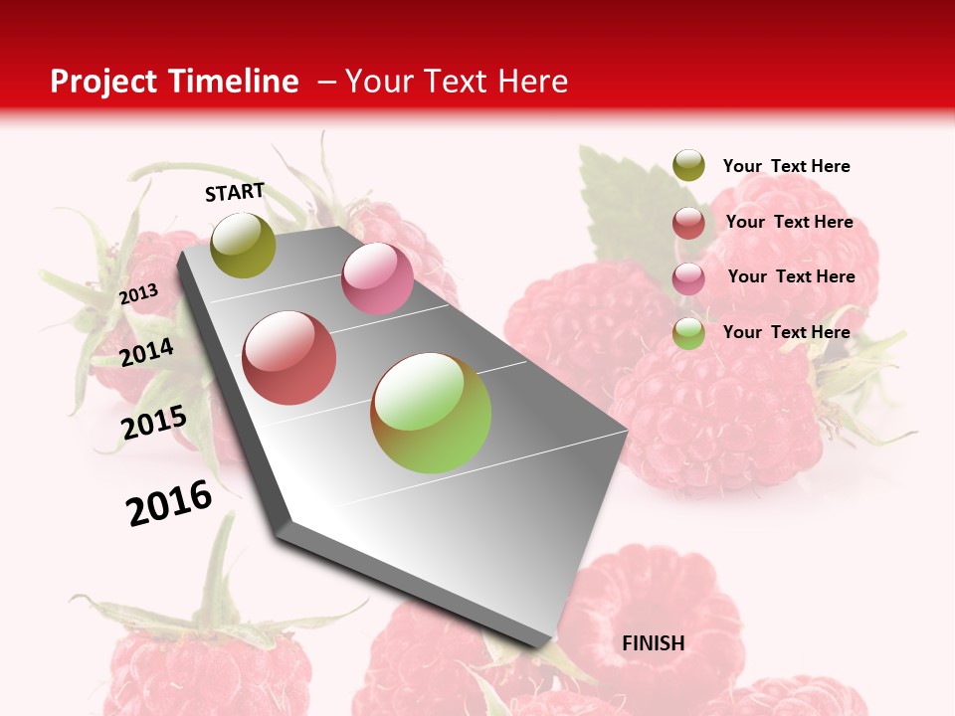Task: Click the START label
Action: [x=235, y=192]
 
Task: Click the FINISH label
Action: [x=653, y=643]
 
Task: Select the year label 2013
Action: [x=138, y=294]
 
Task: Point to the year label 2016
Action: [x=169, y=503]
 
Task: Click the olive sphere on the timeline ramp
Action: [x=244, y=245]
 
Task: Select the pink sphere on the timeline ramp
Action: [x=377, y=278]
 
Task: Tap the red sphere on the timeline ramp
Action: [x=289, y=358]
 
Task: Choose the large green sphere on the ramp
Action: [x=431, y=413]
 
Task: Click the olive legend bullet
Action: [x=688, y=166]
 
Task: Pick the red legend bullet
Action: [x=688, y=223]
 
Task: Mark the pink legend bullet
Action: [x=688, y=278]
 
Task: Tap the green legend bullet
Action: [x=688, y=333]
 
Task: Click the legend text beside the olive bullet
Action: [x=786, y=166]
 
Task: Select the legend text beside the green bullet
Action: [x=786, y=332]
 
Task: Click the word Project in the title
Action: [x=104, y=82]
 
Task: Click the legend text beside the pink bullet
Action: [x=791, y=276]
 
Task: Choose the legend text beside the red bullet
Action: [x=789, y=222]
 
